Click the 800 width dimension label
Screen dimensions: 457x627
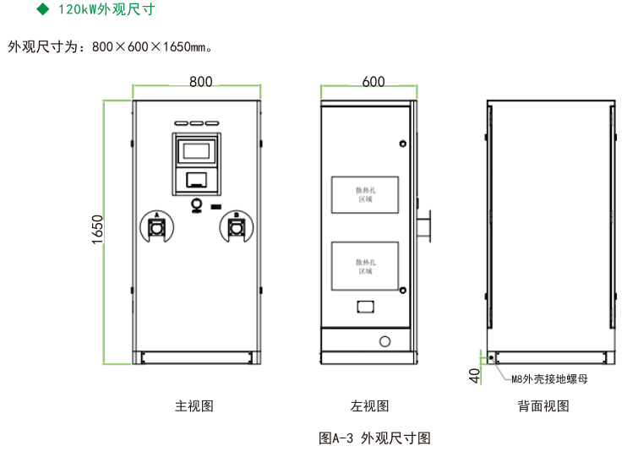click(200, 81)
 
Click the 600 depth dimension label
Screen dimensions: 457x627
click(373, 81)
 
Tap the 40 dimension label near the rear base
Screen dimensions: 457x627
click(474, 374)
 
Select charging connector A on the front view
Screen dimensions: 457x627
click(156, 227)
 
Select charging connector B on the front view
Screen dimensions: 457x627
click(236, 227)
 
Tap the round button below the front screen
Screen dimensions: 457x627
click(197, 204)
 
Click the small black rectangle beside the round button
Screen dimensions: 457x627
click(215, 207)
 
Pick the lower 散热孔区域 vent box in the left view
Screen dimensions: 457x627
click(366, 266)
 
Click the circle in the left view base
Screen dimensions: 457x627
click(385, 342)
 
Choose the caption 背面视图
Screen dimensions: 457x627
click(543, 406)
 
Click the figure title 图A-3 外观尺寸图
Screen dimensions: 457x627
click(375, 438)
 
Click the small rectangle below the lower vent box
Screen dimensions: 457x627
click(366, 307)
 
